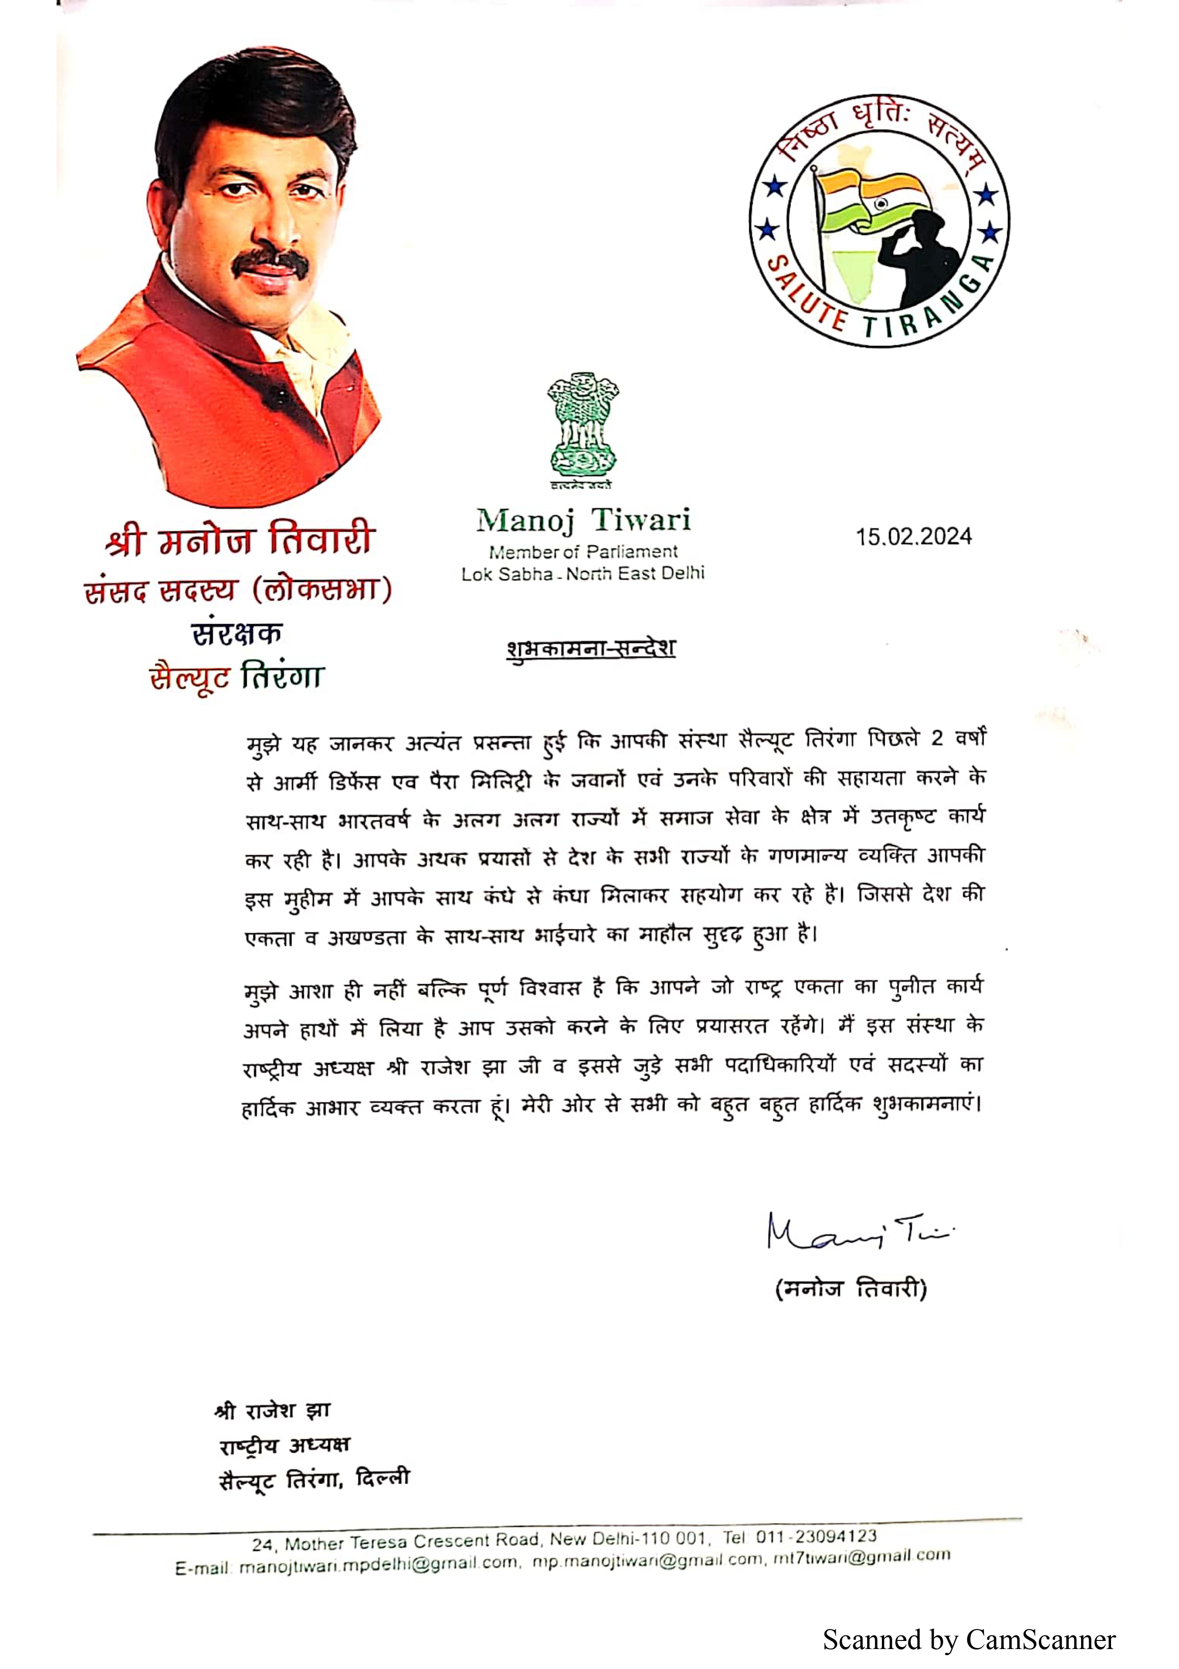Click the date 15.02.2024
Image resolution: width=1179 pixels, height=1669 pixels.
[x=913, y=537]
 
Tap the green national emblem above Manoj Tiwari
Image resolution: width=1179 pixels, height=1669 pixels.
[x=582, y=428]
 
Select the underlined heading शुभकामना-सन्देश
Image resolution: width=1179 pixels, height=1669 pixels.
[x=590, y=648]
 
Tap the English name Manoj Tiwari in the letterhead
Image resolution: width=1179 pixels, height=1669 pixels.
[x=583, y=520]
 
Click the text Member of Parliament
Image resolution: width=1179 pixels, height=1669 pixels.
[x=583, y=552]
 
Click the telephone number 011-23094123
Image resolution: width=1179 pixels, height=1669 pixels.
[x=817, y=1536]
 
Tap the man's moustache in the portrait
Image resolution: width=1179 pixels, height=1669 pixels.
[x=269, y=265]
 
